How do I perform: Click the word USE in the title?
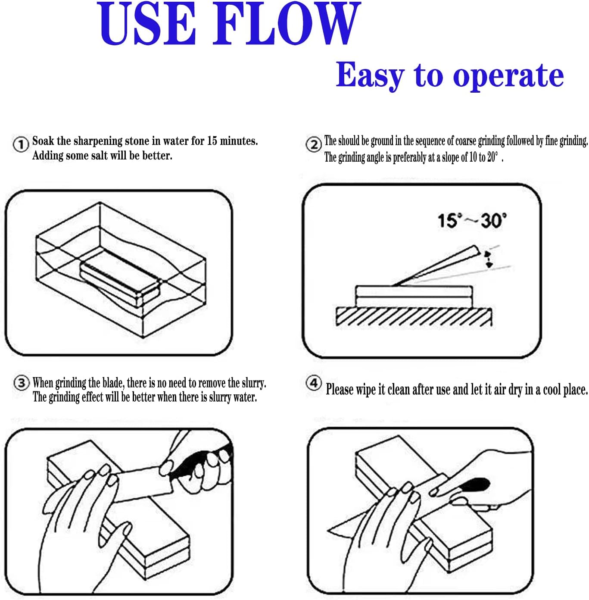point(147,23)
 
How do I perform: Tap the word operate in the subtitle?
point(508,76)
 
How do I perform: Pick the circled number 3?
point(22,383)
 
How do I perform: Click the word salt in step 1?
point(99,155)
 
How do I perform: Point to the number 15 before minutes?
point(212,141)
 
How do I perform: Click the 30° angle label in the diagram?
point(494,220)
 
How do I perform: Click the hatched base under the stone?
point(414,317)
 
